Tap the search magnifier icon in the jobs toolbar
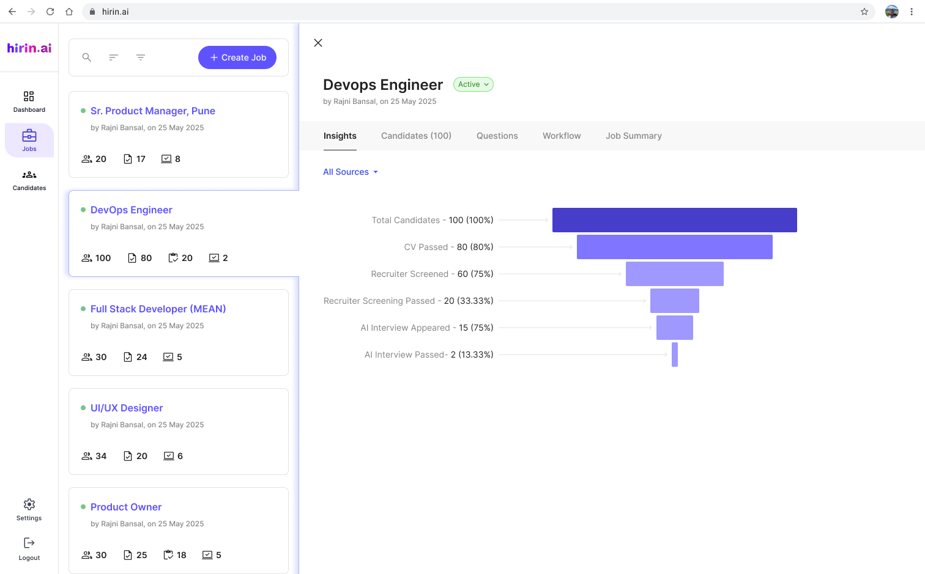(x=86, y=57)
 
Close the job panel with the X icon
(x=318, y=43)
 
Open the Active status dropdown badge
(x=474, y=84)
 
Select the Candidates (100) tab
(x=416, y=136)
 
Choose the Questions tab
(x=497, y=136)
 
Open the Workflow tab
(x=562, y=136)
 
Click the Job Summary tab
(x=633, y=136)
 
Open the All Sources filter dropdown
(x=350, y=172)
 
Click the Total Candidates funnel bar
(x=674, y=220)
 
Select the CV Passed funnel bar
(x=674, y=247)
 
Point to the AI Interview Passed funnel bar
(x=674, y=355)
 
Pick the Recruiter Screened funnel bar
(x=674, y=274)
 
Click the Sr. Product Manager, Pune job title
(x=153, y=111)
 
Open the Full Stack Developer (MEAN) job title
(x=158, y=309)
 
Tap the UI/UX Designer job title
(x=127, y=408)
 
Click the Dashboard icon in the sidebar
(x=29, y=96)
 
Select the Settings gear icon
(x=29, y=504)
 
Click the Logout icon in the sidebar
(x=29, y=543)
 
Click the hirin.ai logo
(x=29, y=48)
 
